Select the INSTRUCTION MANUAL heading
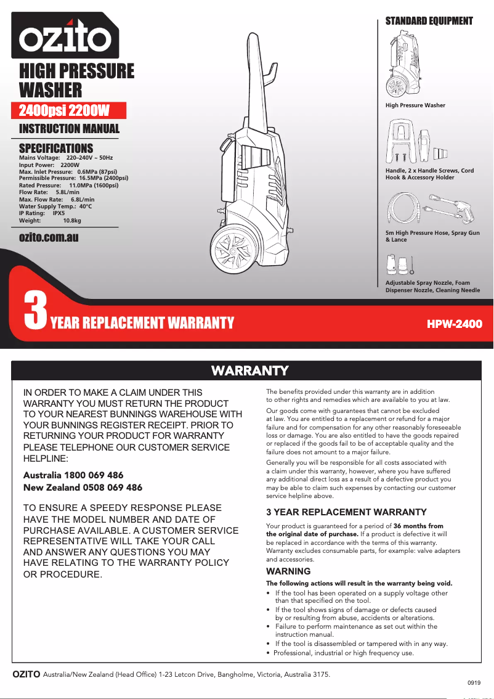(69, 129)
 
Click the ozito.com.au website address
(49, 237)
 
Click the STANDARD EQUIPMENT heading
(429, 21)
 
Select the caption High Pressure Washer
(415, 105)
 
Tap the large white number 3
(35, 311)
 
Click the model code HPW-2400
(455, 324)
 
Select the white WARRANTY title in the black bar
(249, 370)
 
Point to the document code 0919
(474, 684)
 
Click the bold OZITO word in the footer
(26, 674)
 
